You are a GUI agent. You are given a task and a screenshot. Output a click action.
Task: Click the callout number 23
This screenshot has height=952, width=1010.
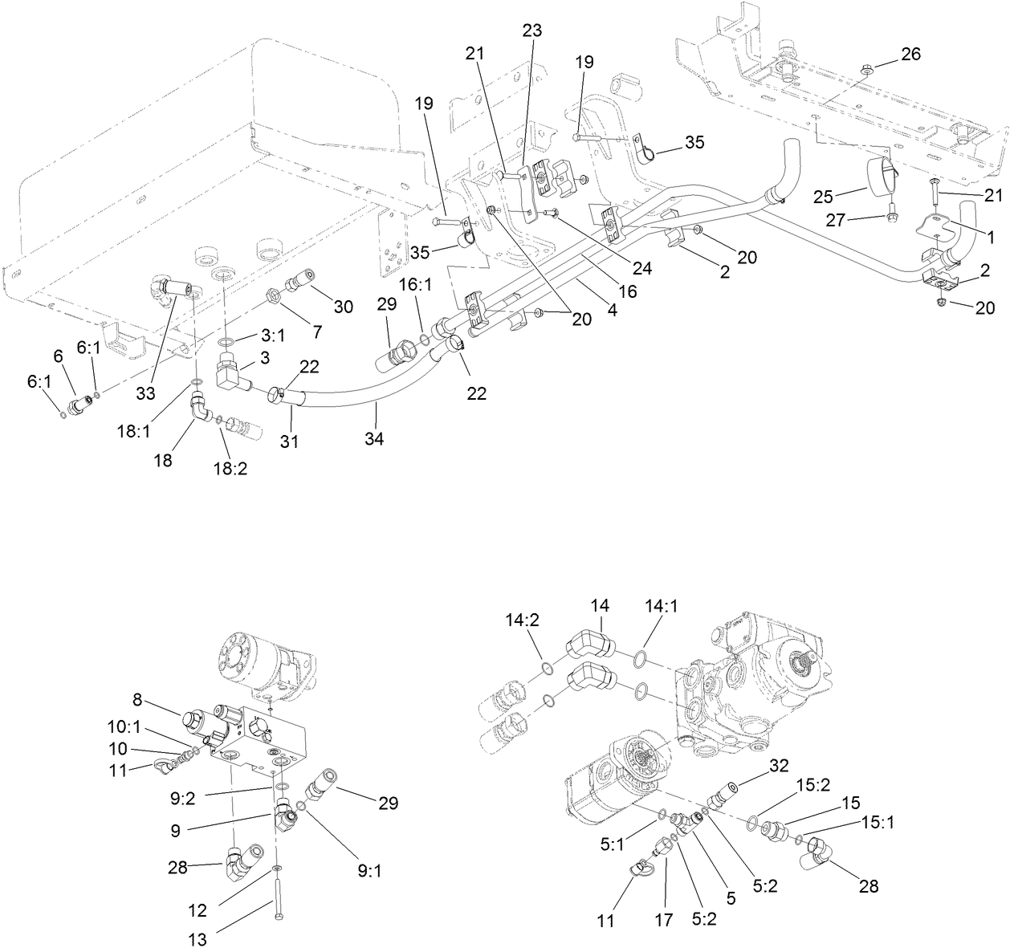531,31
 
